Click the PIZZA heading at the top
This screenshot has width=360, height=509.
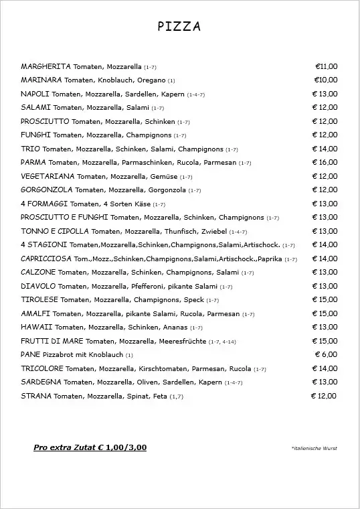coord(179,27)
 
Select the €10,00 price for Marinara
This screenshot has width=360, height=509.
coord(326,80)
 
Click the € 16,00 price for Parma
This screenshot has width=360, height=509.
coord(325,162)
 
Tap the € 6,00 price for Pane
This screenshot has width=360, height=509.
coord(326,354)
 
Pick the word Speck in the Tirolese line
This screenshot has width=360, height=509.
coord(193,299)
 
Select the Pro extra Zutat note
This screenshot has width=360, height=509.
coord(90,447)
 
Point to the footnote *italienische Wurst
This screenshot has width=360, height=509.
coord(314,448)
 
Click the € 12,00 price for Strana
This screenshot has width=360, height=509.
coord(324,396)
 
